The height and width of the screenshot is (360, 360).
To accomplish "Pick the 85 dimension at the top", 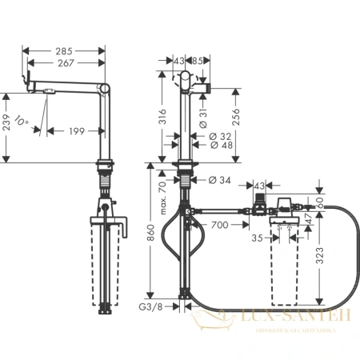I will pyautogui.click(x=197, y=60).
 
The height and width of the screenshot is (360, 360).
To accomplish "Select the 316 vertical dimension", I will pyautogui.click(x=162, y=118).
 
